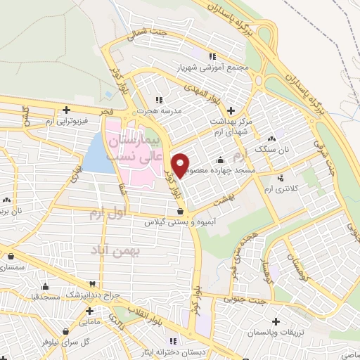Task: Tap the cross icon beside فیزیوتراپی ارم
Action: [x=66, y=110]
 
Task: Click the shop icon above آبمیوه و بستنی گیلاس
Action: [x=181, y=210]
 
